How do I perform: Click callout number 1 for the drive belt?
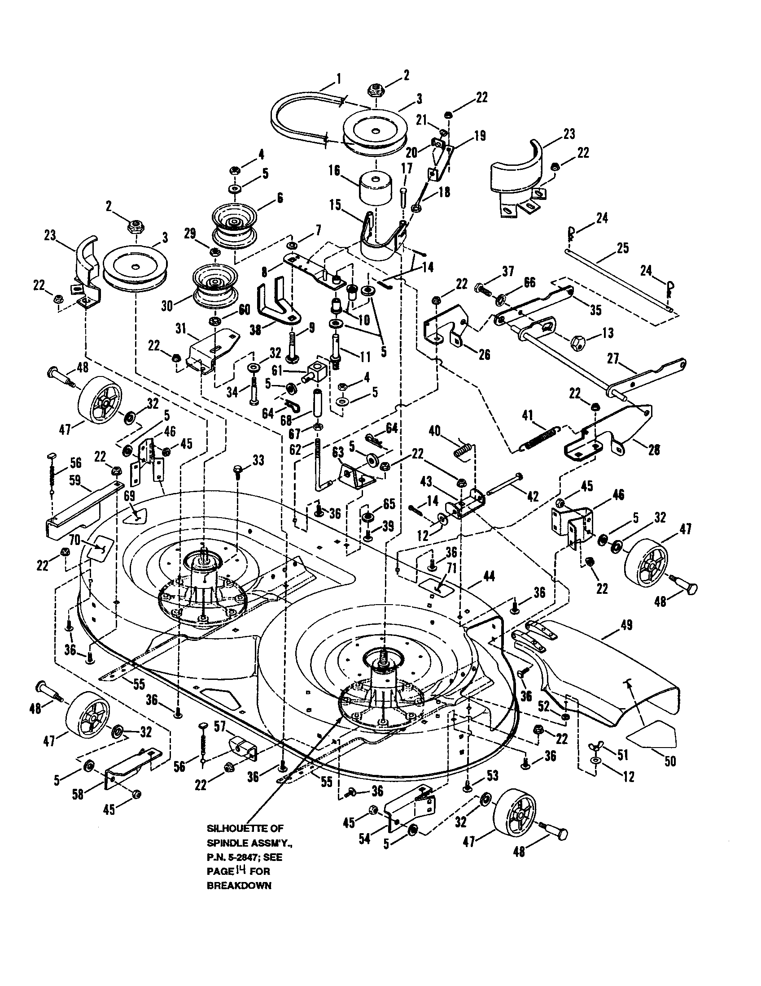338,79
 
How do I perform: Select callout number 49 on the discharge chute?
626,625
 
